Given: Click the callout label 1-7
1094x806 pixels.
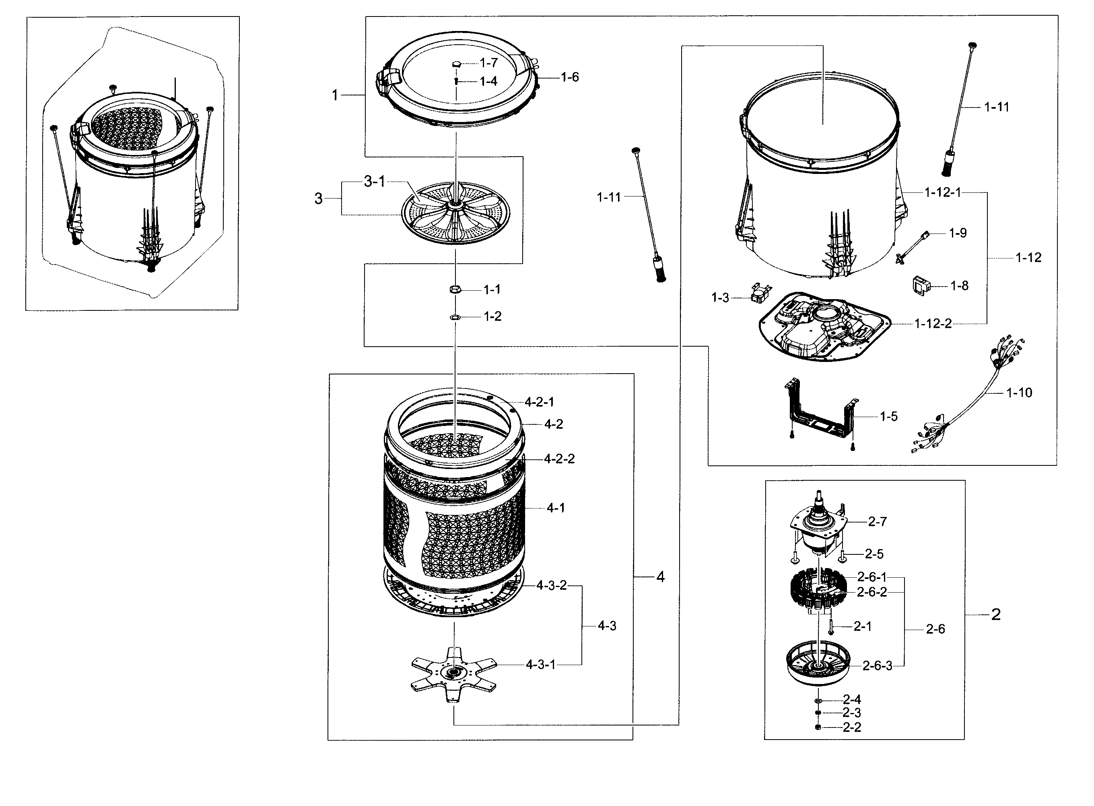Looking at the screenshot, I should tap(488, 62).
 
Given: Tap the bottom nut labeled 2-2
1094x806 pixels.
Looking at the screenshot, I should tap(818, 727).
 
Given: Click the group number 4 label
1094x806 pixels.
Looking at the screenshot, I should tap(660, 577).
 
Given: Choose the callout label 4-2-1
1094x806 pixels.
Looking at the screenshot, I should tap(539, 402).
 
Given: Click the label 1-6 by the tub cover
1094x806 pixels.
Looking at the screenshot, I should tap(569, 77).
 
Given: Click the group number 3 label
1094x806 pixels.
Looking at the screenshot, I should tap(318, 198).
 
